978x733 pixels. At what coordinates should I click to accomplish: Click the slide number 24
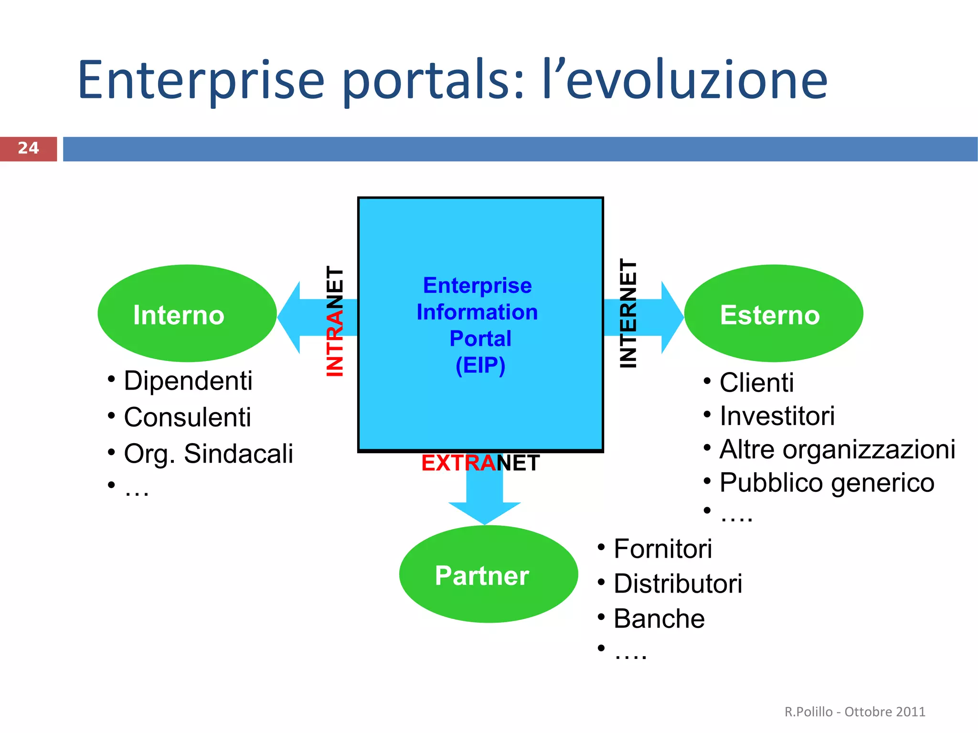pyautogui.click(x=28, y=148)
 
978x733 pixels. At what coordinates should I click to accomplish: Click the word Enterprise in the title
pyautogui.click(x=201, y=80)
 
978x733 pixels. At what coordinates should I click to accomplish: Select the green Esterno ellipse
pyautogui.click(x=773, y=314)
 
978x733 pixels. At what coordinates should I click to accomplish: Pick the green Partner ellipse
pyautogui.click(x=488, y=574)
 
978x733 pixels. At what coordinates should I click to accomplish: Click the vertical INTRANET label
pyautogui.click(x=335, y=321)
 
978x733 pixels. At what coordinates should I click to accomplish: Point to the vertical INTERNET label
pyautogui.click(x=628, y=313)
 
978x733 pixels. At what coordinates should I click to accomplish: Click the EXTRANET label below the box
pyautogui.click(x=480, y=463)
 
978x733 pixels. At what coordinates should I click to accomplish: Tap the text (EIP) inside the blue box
pyautogui.click(x=480, y=365)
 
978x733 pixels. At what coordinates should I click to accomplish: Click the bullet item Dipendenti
pyautogui.click(x=188, y=381)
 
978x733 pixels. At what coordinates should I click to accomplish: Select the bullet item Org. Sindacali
pyautogui.click(x=208, y=453)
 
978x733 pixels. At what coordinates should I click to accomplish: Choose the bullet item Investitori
pyautogui.click(x=777, y=415)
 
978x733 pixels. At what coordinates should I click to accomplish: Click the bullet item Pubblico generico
pyautogui.click(x=827, y=482)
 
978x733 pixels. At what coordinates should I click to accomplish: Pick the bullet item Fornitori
pyautogui.click(x=662, y=548)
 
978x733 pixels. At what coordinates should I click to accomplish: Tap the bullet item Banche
pyautogui.click(x=659, y=618)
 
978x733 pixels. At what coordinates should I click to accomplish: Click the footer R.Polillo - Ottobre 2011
pyautogui.click(x=855, y=712)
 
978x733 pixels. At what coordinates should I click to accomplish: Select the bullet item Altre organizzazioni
pyautogui.click(x=837, y=449)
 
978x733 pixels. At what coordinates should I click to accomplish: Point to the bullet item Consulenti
pyautogui.click(x=187, y=417)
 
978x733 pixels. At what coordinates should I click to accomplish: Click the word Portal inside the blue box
pyautogui.click(x=480, y=339)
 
